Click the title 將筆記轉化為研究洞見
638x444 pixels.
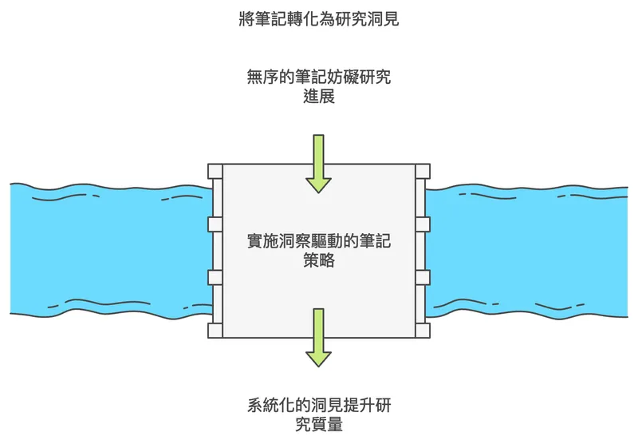(x=319, y=18)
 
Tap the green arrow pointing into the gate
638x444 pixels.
(x=319, y=164)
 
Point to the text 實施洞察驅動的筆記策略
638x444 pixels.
(x=319, y=250)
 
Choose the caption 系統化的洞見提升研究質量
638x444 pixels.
(x=319, y=415)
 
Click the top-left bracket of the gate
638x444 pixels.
(x=215, y=171)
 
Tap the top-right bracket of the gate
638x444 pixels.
(x=423, y=171)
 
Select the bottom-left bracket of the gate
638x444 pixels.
(x=215, y=330)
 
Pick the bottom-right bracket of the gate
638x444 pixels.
(x=423, y=330)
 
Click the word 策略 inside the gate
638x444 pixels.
(x=319, y=260)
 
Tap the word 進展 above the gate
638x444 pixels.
(x=319, y=97)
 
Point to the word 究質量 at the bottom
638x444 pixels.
(x=319, y=425)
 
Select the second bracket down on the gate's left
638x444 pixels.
(x=215, y=224)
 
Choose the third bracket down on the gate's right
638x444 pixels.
(x=423, y=277)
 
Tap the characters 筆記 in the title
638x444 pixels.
(x=274, y=18)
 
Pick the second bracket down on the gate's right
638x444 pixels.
(x=423, y=224)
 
